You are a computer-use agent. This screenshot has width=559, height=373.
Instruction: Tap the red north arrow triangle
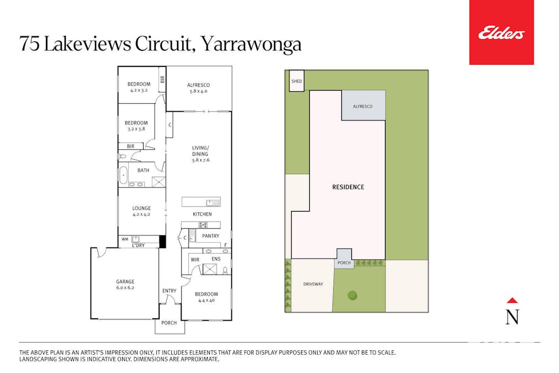512,301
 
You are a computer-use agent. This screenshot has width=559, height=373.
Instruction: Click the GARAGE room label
125,281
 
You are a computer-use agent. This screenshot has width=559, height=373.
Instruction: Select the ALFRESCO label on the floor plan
198,85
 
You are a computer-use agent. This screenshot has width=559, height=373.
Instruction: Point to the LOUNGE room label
141,208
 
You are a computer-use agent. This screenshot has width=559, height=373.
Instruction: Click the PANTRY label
210,236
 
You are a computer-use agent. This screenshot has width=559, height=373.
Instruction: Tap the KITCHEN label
202,214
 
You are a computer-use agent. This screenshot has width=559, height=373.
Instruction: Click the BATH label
143,170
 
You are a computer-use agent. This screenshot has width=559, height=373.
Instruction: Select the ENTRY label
169,291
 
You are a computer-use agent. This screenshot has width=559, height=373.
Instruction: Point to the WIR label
195,259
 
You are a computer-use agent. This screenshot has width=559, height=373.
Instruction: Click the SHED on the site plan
297,82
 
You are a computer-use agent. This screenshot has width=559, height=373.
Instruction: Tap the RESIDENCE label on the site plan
348,187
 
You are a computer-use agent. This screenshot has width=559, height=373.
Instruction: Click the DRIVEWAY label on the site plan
313,284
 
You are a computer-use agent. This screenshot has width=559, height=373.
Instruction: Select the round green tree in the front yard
352,295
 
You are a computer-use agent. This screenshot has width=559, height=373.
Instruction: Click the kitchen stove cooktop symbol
203,225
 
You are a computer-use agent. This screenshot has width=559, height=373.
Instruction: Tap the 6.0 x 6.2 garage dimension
125,287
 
